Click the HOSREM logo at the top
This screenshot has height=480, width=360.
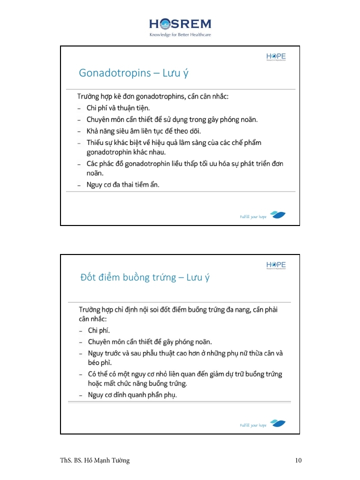pyautogui.click(x=180, y=24)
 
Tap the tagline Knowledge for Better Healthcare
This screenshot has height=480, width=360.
pyautogui.click(x=180, y=34)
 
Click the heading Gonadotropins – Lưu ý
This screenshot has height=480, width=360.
pyautogui.click(x=133, y=73)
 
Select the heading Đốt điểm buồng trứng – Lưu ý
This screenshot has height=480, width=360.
pyautogui.click(x=145, y=277)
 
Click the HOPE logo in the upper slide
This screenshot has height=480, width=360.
pyautogui.click(x=276, y=57)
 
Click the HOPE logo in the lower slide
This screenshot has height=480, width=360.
pyautogui.click(x=276, y=265)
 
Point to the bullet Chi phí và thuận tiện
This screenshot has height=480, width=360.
pyautogui.click(x=118, y=107)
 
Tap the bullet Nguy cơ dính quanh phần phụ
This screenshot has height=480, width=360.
pyautogui.click(x=132, y=395)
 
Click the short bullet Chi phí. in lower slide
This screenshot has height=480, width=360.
pyautogui.click(x=98, y=330)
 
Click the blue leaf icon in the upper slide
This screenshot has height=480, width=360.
pyautogui.click(x=278, y=215)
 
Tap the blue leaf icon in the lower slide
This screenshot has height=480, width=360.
pyautogui.click(x=278, y=423)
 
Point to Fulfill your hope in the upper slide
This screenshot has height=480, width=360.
pyautogui.click(x=253, y=217)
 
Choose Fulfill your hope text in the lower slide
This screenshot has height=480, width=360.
pyautogui.click(x=253, y=425)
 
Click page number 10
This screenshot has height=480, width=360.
pyautogui.click(x=298, y=460)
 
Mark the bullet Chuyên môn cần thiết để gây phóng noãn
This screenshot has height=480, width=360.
pyautogui.click(x=150, y=342)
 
